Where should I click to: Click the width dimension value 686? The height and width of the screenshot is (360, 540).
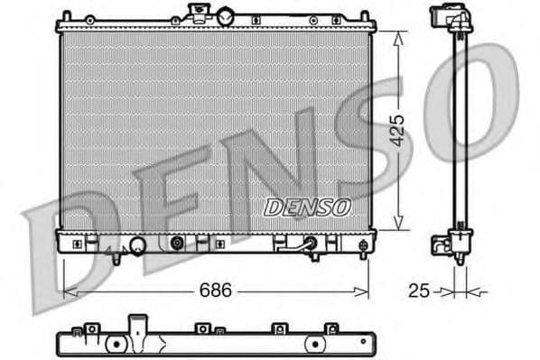[215, 291]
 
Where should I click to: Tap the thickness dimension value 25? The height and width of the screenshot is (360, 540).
[417, 291]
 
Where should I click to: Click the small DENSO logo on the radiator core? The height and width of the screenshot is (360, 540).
[307, 208]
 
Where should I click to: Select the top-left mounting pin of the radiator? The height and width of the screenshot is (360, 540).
[66, 16]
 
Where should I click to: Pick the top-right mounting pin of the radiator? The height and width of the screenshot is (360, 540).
[364, 16]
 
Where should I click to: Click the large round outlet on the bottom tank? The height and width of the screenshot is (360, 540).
[138, 245]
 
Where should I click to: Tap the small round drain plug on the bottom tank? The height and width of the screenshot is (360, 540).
[177, 243]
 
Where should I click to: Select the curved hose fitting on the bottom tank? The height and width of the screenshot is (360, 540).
[310, 245]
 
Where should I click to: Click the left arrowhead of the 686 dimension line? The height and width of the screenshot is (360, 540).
[66, 291]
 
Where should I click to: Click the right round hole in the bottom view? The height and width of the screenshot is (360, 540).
[315, 344]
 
